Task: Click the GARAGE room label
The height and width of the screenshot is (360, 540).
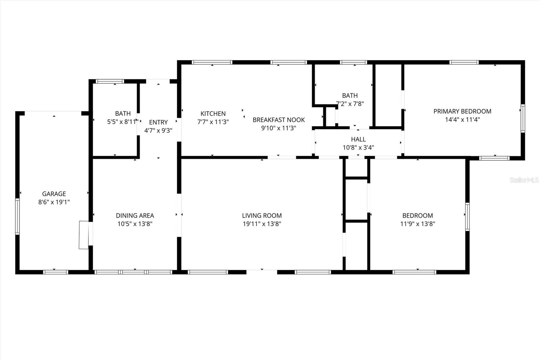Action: (54, 194)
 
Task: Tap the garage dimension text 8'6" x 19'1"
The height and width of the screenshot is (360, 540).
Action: (54, 202)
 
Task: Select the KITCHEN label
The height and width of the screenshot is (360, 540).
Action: (213, 114)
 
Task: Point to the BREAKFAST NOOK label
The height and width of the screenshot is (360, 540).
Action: (278, 120)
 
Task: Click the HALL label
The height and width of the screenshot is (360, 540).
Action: (358, 139)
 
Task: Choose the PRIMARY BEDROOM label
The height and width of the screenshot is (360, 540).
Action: (462, 111)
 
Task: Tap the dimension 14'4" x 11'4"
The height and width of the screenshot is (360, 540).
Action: (462, 120)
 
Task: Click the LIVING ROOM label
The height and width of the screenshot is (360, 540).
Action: (262, 215)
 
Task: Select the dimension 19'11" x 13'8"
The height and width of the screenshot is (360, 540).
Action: (262, 224)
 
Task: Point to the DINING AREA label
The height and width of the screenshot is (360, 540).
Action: (135, 215)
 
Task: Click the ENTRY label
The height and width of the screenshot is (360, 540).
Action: (158, 122)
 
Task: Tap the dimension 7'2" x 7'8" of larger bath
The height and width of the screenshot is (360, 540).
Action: (350, 104)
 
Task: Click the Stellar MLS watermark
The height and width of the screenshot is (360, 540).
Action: (524, 180)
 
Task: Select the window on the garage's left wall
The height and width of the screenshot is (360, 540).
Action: (17, 216)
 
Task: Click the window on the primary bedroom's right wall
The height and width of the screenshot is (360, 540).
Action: (522, 118)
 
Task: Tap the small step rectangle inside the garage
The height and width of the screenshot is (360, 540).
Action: (83, 235)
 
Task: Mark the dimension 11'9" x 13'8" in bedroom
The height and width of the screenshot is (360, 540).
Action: (417, 224)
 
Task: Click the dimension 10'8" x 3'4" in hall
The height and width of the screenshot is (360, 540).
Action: (358, 148)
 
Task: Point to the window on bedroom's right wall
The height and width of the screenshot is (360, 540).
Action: (467, 216)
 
